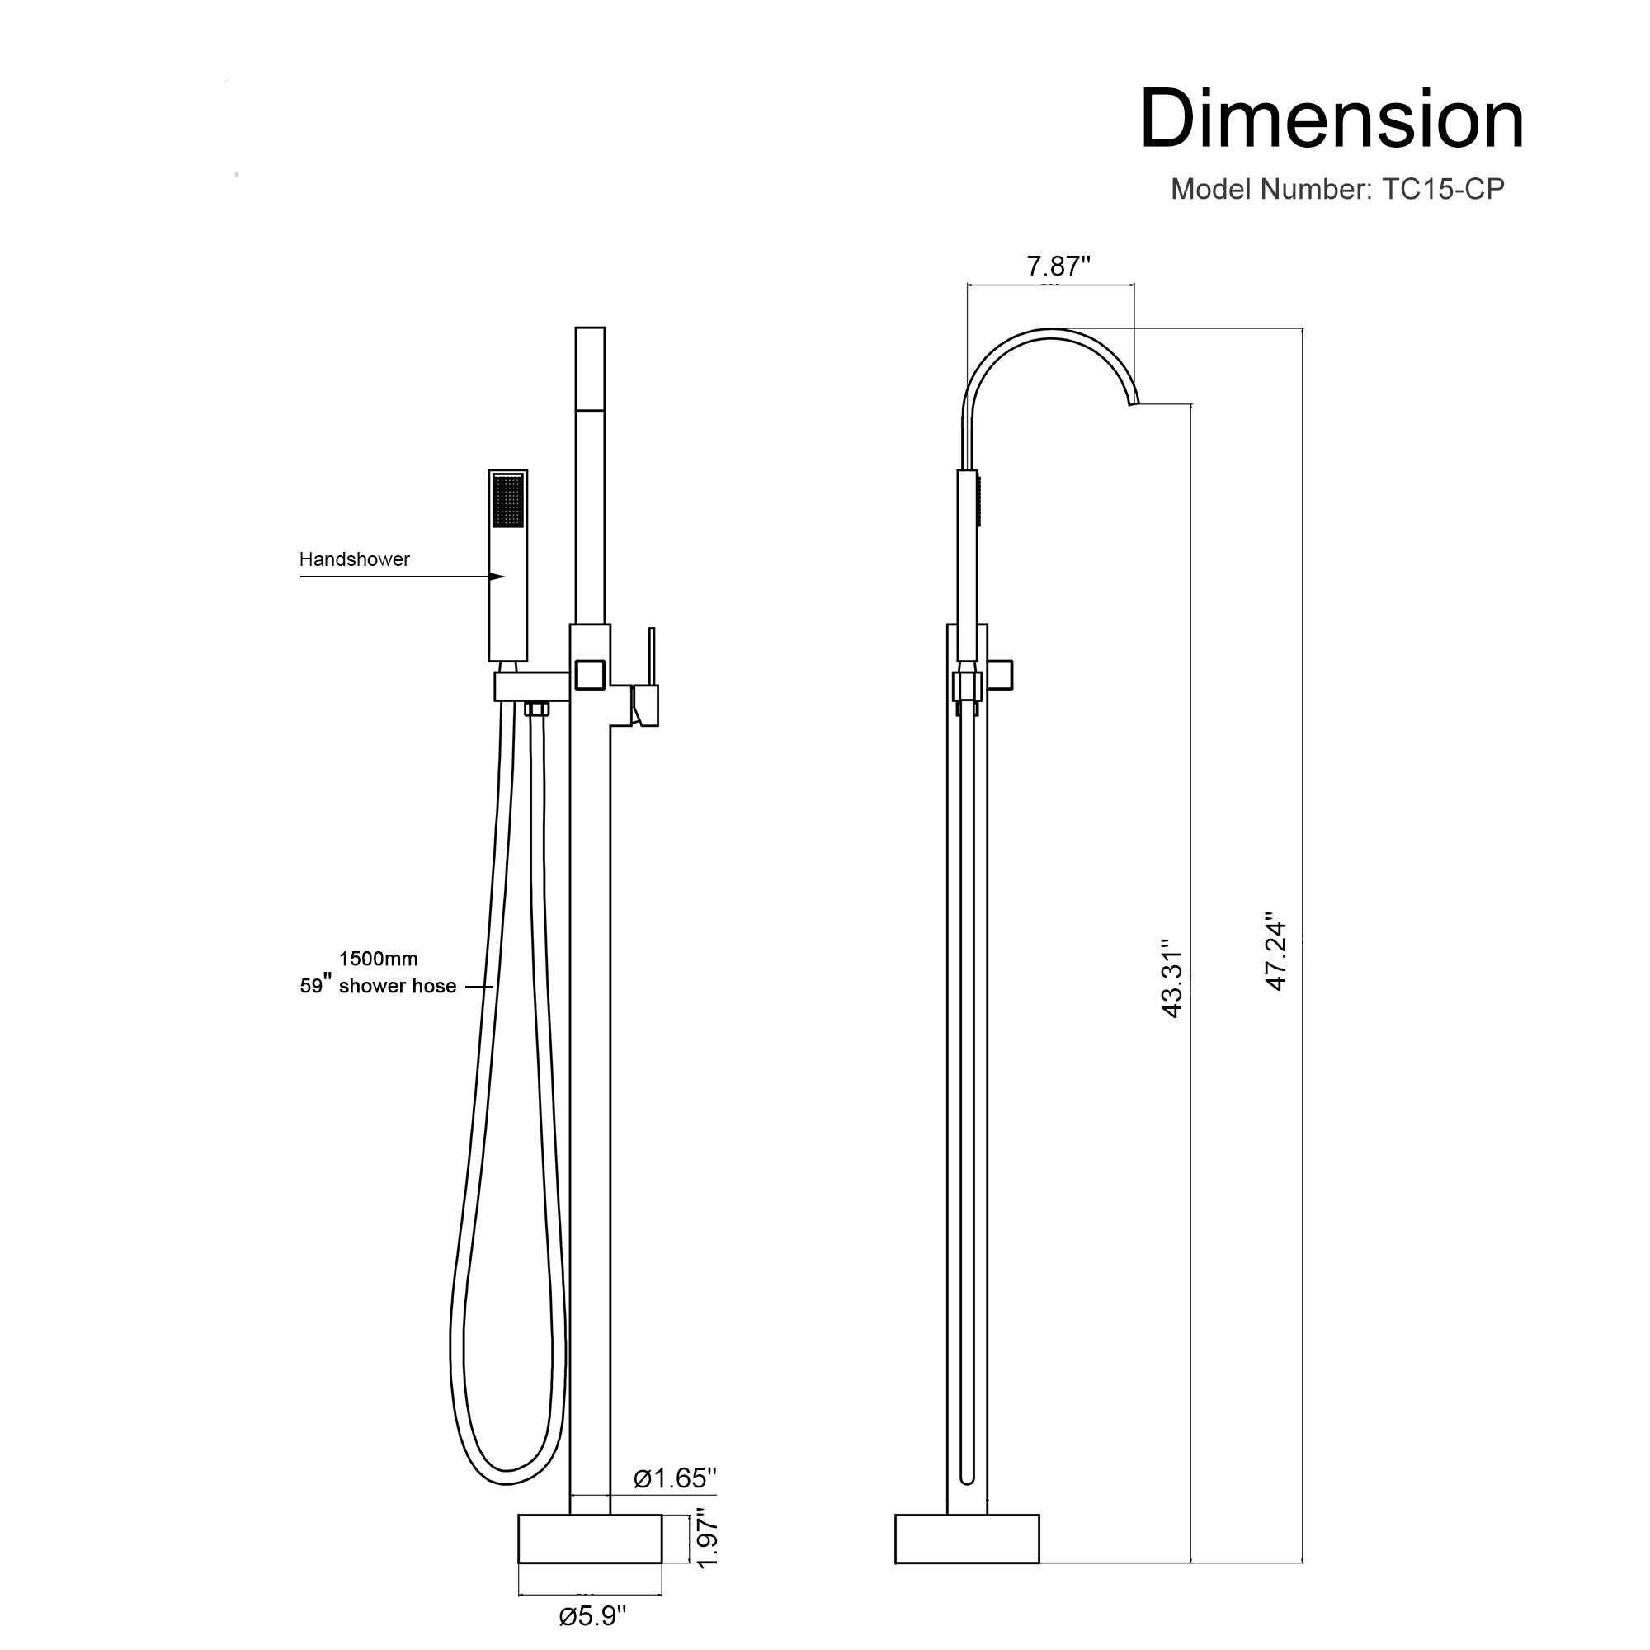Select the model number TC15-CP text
[x=1336, y=189]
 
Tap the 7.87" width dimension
[x=1058, y=266]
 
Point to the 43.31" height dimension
[x=1171, y=978]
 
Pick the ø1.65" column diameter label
[x=674, y=1478]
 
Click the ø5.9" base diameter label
[x=592, y=1616]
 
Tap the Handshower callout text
[x=354, y=559]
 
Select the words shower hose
[x=397, y=987]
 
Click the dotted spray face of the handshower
[x=508, y=501]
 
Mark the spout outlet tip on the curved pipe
[x=1134, y=403]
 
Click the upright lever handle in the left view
[x=652, y=658]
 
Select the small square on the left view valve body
[x=590, y=675]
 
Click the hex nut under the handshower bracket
[x=536, y=708]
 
